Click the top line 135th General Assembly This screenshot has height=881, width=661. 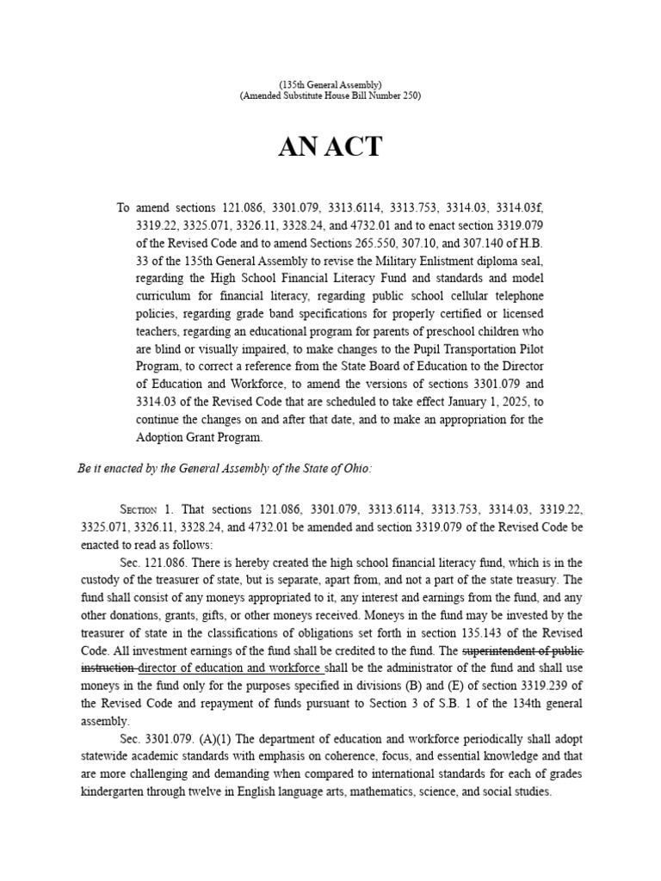tap(330, 84)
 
